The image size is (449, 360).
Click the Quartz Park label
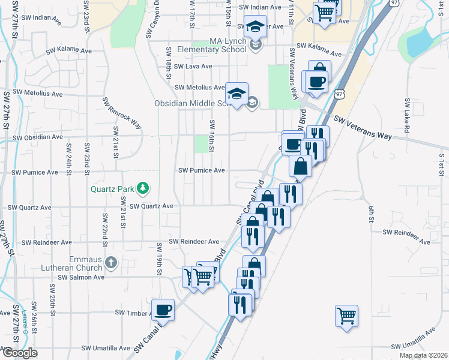[x=112, y=188]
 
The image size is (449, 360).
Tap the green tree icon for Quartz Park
[x=143, y=188]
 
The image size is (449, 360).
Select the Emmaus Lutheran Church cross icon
[x=110, y=262]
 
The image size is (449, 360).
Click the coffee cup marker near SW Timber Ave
[x=163, y=310]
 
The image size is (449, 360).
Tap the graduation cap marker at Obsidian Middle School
[x=237, y=94]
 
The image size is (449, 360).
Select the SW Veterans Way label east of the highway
[x=363, y=128]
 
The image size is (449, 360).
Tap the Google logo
[x=19, y=353]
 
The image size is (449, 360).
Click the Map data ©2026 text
[x=423, y=355]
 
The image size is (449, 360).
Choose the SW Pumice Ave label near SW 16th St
[x=201, y=170]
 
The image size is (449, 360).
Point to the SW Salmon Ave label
[x=81, y=277]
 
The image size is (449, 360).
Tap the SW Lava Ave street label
[x=190, y=66]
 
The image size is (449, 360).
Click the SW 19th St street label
[x=160, y=256]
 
